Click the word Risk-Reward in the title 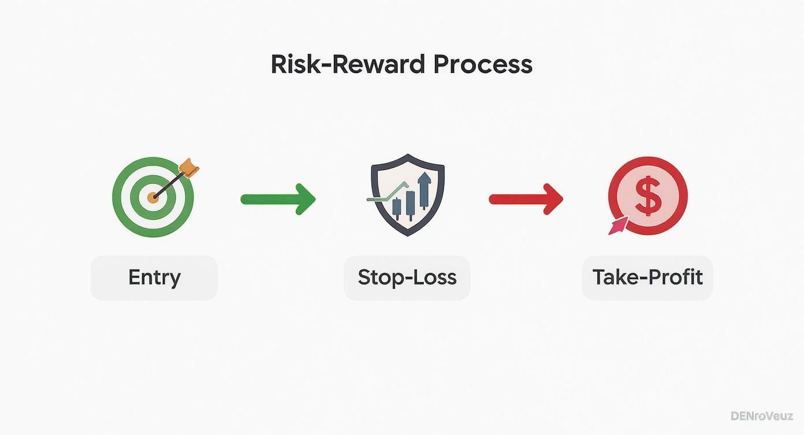coord(348,64)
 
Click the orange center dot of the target coord(152,197)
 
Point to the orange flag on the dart coord(189,168)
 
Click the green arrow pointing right coord(278,200)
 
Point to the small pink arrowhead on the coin coord(617,226)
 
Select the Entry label coord(154,278)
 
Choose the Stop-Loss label coord(407,278)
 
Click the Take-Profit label coord(647,278)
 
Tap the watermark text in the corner coord(762,416)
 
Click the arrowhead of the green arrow coord(306,200)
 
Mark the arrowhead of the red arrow coord(553,200)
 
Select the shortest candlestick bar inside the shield coord(397,207)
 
